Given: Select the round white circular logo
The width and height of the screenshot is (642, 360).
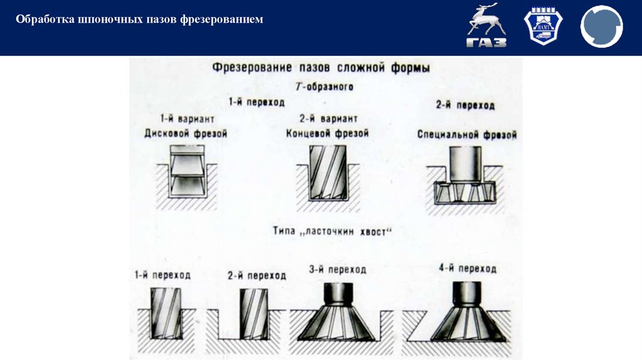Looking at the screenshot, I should pyautogui.click(x=601, y=26).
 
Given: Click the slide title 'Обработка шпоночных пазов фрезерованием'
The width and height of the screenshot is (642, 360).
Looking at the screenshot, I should pyautogui.click(x=139, y=20).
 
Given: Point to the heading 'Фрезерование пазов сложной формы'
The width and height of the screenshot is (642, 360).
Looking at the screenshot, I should pyautogui.click(x=320, y=67).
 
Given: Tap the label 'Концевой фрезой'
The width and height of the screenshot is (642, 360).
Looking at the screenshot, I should pyautogui.click(x=327, y=134).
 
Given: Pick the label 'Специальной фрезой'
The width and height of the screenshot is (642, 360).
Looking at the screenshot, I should pyautogui.click(x=466, y=135).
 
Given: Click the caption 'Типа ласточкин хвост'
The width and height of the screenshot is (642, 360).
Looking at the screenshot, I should pyautogui.click(x=332, y=231).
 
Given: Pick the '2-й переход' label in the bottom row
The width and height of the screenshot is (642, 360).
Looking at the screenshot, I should pyautogui.click(x=256, y=275).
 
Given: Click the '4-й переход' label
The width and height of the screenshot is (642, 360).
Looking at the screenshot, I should pyautogui.click(x=468, y=269).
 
